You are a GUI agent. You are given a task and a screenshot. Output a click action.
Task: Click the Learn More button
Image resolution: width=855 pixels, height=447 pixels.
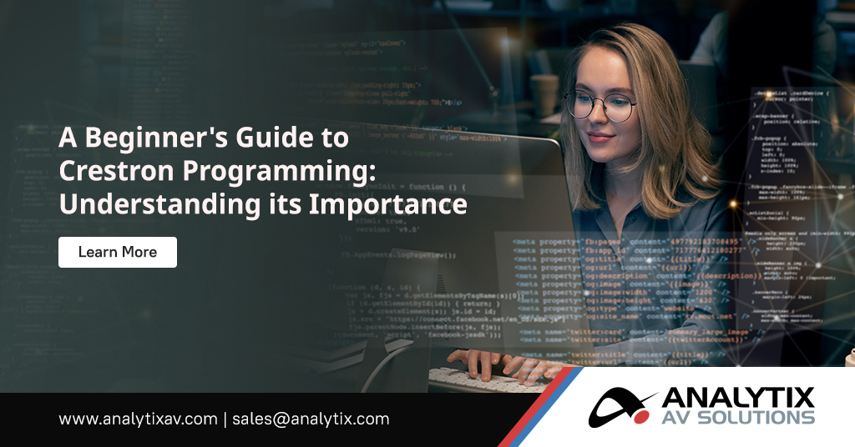pyautogui.click(x=117, y=252)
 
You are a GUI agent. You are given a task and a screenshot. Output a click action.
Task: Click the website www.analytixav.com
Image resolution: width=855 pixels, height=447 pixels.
pyautogui.click(x=137, y=419)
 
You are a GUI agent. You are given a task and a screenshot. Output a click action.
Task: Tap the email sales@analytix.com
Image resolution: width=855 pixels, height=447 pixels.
pyautogui.click(x=311, y=419)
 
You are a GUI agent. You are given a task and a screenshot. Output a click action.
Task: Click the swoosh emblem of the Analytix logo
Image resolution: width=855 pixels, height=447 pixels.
pyautogui.click(x=623, y=406)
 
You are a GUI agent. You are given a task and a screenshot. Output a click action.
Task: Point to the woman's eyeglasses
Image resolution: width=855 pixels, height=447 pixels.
pyautogui.click(x=600, y=106)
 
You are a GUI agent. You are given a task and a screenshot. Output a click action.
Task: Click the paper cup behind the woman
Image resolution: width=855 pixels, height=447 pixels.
pyautogui.click(x=545, y=93)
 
